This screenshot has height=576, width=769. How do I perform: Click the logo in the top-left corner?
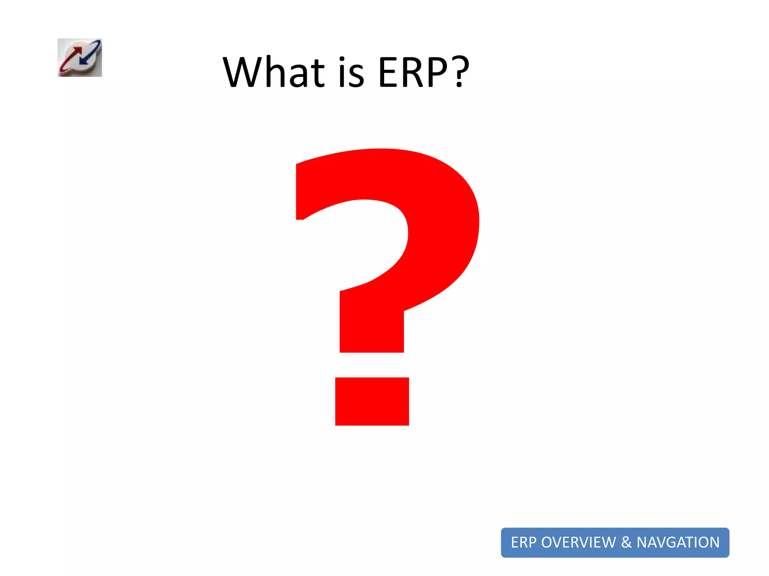[80, 58]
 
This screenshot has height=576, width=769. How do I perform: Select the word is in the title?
[351, 72]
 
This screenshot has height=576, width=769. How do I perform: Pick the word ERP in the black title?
[413, 72]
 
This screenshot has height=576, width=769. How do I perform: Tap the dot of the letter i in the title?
[342, 59]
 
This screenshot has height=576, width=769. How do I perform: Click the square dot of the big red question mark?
[372, 401]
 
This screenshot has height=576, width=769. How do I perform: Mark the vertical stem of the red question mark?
[372, 326]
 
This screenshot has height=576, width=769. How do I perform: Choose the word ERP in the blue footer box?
[523, 542]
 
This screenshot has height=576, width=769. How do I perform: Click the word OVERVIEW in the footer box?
[578, 542]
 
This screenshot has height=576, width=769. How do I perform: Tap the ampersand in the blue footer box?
[626, 542]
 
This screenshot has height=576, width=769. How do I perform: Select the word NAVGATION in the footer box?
[678, 542]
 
